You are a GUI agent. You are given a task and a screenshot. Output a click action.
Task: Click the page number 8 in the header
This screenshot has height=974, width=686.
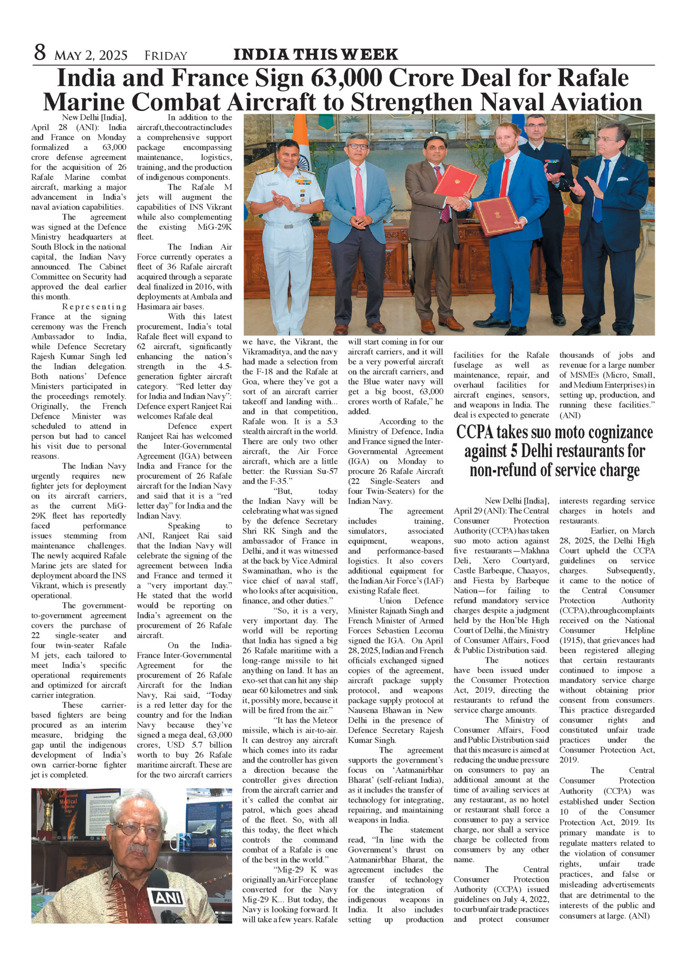(40, 53)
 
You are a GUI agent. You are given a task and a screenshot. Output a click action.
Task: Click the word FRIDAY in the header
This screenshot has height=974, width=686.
(166, 56)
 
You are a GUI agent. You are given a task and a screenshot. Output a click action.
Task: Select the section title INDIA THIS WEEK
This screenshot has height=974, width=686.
(316, 55)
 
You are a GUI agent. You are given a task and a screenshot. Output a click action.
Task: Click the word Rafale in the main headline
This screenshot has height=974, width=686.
(594, 78)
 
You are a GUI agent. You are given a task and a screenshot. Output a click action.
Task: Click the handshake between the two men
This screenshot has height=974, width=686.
(460, 203)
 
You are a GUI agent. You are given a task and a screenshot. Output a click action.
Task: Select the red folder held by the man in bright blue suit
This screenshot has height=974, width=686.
(498, 215)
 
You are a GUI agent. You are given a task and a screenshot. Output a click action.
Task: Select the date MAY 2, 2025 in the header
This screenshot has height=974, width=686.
(91, 56)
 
